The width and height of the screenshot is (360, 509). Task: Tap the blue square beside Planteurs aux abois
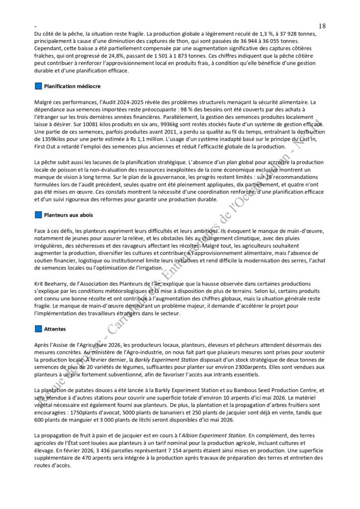point(38,215)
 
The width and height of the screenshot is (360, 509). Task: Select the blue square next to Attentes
point(38,329)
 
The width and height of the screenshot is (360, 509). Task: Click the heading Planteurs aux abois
point(68,215)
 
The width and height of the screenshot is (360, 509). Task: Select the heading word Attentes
point(54,329)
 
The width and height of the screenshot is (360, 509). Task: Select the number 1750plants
point(85,413)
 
